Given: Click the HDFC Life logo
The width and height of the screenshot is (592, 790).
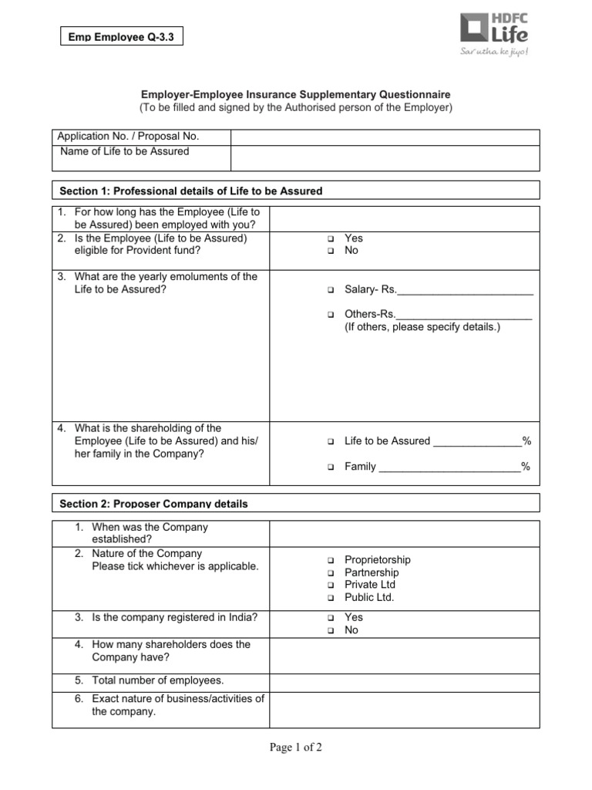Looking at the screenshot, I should click(x=494, y=35).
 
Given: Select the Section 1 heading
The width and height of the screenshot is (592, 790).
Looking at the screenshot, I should click(x=191, y=191).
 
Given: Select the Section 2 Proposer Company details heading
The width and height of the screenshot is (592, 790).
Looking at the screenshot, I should click(x=154, y=504).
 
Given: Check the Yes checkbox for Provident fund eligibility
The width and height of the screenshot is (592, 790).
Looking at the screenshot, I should click(x=328, y=239).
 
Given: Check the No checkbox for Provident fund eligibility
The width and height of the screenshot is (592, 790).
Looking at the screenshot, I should click(x=328, y=252).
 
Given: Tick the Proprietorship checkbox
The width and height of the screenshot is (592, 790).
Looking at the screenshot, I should click(x=328, y=560).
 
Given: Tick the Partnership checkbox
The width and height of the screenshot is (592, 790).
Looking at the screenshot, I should click(x=328, y=573).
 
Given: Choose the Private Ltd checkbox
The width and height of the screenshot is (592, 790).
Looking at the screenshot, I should click(x=328, y=586).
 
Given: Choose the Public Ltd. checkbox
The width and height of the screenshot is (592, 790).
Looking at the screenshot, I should click(x=328, y=598).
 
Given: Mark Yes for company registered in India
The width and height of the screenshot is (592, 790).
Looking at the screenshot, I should click(x=328, y=618).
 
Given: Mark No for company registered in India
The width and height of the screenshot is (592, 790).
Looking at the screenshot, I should click(x=328, y=631).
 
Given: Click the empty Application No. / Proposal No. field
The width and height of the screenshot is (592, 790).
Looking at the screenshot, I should click(x=385, y=137).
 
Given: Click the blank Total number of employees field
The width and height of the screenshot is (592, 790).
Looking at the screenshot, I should click(x=404, y=681).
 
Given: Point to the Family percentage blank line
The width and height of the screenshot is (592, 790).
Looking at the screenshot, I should click(x=449, y=468).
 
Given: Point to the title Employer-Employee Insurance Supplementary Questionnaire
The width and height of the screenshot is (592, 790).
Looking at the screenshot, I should click(x=296, y=93).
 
